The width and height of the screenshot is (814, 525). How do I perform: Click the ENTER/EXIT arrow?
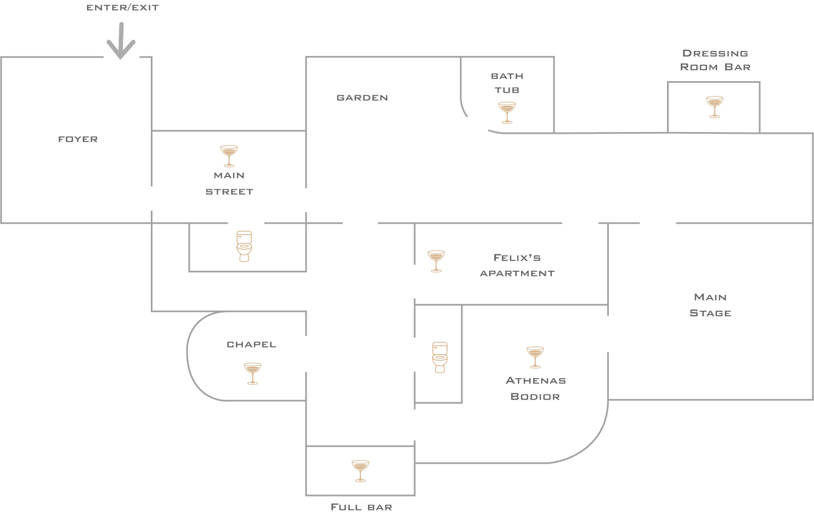coord(121,42)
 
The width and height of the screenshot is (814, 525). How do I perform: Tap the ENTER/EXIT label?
coord(122,8)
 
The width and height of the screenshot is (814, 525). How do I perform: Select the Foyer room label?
coord(78,139)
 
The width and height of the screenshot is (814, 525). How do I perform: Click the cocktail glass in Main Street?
coord(229,156)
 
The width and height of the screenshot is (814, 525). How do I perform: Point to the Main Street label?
coord(229,183)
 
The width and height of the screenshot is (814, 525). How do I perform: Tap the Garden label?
coord(362,98)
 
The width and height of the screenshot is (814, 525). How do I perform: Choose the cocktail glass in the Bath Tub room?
coord(507,112)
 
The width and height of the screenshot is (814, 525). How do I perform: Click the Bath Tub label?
coord(507,83)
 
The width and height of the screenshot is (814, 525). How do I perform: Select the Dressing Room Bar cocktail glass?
coord(714,107)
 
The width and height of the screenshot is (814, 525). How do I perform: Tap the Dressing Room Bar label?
coord(715,60)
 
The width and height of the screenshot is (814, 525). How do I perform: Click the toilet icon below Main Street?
coord(244,246)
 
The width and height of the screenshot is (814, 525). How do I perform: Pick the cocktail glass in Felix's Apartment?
coord(436,261)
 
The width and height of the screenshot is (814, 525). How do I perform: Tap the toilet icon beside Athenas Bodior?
coord(440,357)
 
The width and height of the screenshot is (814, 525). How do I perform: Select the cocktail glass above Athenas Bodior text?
coord(535,357)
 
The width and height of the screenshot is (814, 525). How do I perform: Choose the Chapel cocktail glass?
coord(252,373)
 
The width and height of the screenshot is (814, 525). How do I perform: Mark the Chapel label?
coord(251,344)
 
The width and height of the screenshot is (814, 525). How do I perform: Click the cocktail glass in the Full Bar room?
coord(360,471)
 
